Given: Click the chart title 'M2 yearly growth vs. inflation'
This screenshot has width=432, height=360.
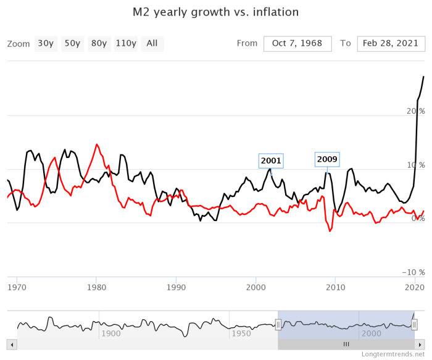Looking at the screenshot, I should [x=215, y=12].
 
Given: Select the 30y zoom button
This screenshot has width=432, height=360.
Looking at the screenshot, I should [x=46, y=43].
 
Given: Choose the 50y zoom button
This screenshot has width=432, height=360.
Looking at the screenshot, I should [x=72, y=43].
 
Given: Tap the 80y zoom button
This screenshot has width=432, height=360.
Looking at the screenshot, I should [x=99, y=43].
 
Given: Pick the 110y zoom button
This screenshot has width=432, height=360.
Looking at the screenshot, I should [x=126, y=43].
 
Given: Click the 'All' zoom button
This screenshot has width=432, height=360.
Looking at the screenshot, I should [x=152, y=43].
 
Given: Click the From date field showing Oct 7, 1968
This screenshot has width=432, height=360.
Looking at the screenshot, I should [x=297, y=43].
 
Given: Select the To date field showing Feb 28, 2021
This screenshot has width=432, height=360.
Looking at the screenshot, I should [x=391, y=43].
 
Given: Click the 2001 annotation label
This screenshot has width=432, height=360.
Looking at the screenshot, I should [x=271, y=161].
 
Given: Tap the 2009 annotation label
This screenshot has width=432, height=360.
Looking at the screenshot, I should [x=327, y=159].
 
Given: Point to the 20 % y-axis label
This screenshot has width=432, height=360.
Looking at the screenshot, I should [x=415, y=111].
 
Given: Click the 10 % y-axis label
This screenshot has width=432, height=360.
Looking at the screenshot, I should [x=415, y=165].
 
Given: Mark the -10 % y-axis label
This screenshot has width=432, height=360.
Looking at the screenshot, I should [x=413, y=272].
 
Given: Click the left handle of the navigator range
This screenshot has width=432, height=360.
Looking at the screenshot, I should [x=278, y=324].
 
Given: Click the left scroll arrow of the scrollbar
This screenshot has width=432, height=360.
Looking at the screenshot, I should [x=10, y=344].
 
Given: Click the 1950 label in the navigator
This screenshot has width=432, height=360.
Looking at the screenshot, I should [x=241, y=333].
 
